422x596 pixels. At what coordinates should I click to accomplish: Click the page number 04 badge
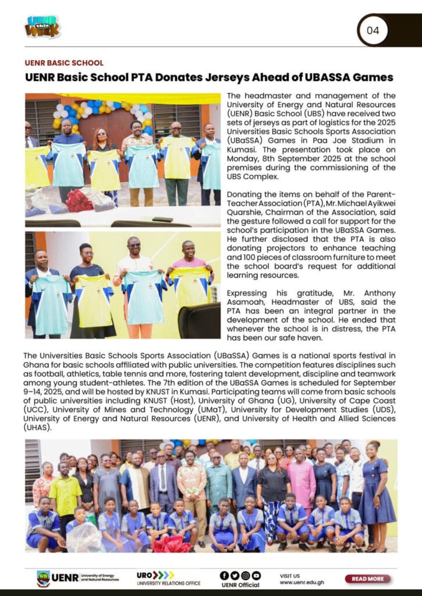pyautogui.click(x=373, y=30)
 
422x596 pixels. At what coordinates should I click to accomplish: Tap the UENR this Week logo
pyautogui.click(x=42, y=27)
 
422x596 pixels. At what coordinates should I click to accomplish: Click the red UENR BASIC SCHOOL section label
pyautogui.click(x=64, y=63)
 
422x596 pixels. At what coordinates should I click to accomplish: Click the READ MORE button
pyautogui.click(x=367, y=579)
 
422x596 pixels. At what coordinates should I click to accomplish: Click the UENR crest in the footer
pyautogui.click(x=43, y=578)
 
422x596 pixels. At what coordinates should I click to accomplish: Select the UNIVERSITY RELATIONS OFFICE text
pyautogui.click(x=169, y=583)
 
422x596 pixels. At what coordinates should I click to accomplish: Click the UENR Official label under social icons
pyautogui.click(x=240, y=584)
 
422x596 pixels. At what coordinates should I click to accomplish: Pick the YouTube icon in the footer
pyautogui.click(x=256, y=575)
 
